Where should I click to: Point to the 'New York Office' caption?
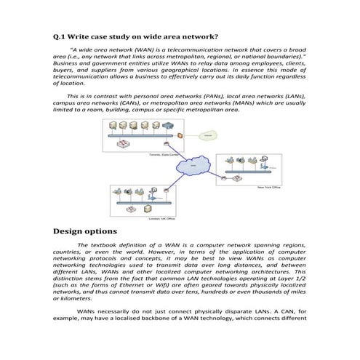point(271,187)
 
